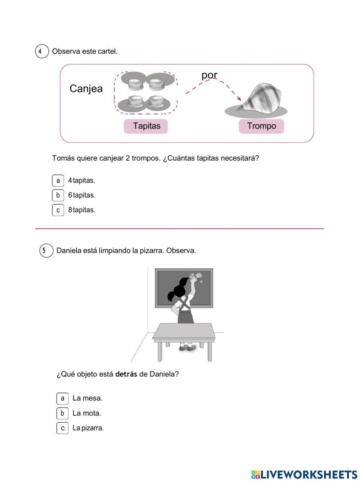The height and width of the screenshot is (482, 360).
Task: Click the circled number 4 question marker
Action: [x=42, y=52]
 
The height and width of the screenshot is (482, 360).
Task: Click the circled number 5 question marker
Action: [x=46, y=251]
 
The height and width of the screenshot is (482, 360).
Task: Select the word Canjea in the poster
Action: [x=86, y=89]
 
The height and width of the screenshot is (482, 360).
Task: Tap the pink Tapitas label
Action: [x=146, y=126]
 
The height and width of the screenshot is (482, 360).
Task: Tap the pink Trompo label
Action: [x=261, y=126]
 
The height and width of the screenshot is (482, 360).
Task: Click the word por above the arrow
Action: [x=209, y=75]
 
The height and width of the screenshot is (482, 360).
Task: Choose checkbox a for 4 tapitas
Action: [x=58, y=180]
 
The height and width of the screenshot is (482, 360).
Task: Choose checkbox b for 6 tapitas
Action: [x=58, y=195]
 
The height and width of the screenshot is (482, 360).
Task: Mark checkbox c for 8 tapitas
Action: [x=58, y=210]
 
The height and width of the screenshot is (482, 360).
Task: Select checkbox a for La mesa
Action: [x=62, y=398]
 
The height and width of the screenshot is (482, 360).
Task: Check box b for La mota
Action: [x=62, y=413]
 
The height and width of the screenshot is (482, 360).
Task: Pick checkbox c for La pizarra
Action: [x=62, y=428]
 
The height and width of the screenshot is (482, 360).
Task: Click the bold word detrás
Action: [x=126, y=374]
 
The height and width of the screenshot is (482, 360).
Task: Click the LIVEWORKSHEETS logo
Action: [x=304, y=474]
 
